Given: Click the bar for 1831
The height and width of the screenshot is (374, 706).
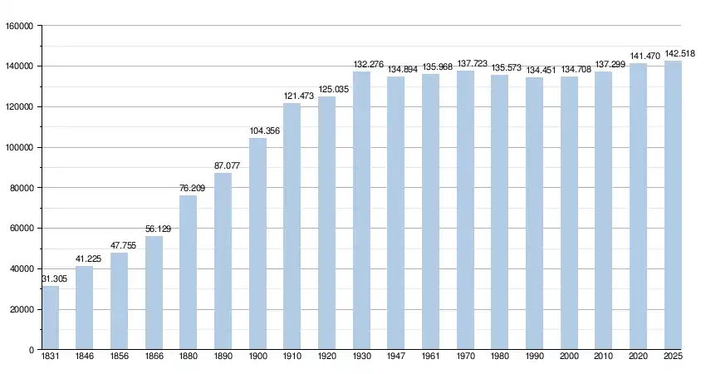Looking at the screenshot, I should coord(51,317).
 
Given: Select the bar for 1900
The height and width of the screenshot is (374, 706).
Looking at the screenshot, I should coord(257,244).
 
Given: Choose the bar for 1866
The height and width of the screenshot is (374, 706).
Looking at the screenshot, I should coord(154,293).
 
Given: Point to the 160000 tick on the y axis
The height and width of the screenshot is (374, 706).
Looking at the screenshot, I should coord(19,26).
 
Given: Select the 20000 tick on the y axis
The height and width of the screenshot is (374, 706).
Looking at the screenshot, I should coord(22,310).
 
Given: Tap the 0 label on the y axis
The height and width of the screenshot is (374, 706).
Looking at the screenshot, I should coord(31,350).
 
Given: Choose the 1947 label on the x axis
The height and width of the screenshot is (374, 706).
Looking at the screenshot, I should coord(395,357).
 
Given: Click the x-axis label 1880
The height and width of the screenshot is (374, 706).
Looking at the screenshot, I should coord(188,357).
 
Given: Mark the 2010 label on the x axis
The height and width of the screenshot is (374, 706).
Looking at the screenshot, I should coord(603,357).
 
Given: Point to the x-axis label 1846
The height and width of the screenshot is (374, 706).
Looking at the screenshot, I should coord(85,357).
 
